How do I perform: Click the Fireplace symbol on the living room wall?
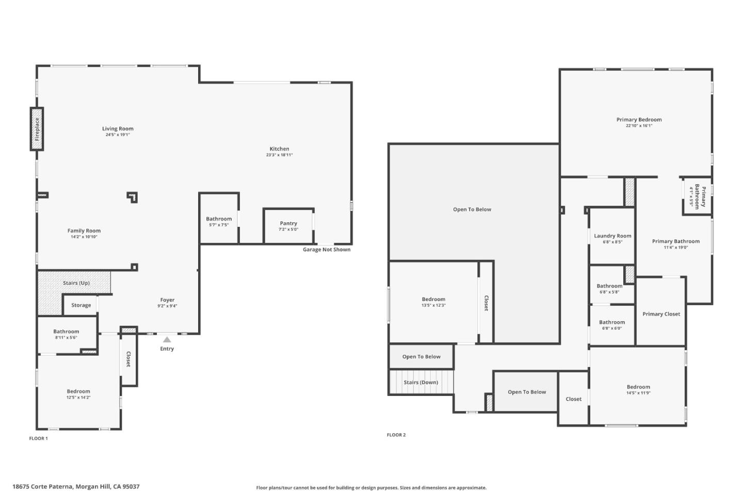37,129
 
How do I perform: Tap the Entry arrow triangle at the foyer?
167,339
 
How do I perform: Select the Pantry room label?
288,223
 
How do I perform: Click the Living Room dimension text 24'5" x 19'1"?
118,135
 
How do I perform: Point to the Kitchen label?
279,148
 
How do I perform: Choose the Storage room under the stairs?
81,305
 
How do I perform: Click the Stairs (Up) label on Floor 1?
76,283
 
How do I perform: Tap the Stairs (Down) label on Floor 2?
421,383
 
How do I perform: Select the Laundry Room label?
612,236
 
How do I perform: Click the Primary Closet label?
661,314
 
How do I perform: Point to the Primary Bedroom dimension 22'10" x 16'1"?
639,125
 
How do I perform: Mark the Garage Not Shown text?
326,250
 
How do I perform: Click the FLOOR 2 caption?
396,435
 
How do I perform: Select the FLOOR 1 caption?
38,438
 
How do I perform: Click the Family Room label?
84,230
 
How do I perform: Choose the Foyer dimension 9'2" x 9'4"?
167,306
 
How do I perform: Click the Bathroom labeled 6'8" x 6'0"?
612,322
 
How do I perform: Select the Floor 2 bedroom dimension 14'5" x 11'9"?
638,393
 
